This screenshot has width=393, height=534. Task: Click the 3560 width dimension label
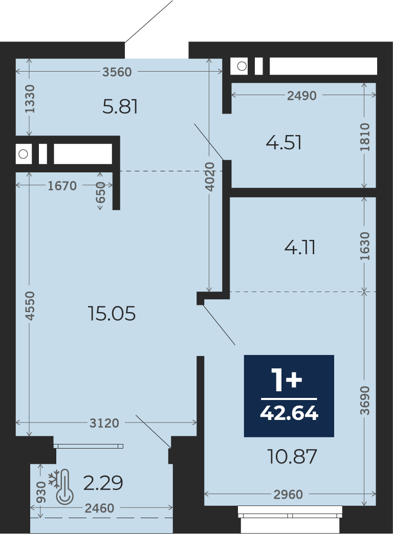pyautogui.click(x=117, y=72)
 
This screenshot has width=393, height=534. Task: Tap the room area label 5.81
pyautogui.click(x=120, y=106)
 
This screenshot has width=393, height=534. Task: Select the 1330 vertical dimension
pyautogui.click(x=30, y=99)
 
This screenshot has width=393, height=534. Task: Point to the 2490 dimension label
pyautogui.click(x=301, y=96)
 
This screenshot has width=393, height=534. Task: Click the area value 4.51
pyautogui.click(x=283, y=143)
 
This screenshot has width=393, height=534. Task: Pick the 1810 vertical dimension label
pyautogui.click(x=365, y=137)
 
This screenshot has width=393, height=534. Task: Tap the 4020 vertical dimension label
pyautogui.click(x=211, y=176)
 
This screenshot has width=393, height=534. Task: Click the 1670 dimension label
pyautogui.click(x=62, y=186)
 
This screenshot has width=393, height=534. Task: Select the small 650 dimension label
pyautogui.click(x=100, y=192)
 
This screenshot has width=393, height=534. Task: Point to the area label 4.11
pyautogui.click(x=300, y=248)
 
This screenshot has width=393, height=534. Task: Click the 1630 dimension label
pyautogui.click(x=365, y=246)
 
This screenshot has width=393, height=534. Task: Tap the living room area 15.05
pyautogui.click(x=112, y=314)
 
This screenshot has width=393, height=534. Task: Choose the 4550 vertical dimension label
pyautogui.click(x=30, y=305)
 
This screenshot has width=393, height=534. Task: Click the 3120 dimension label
pyautogui.click(x=104, y=423)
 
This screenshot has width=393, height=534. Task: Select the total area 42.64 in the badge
pyautogui.click(x=289, y=413)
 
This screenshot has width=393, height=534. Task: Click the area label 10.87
pyautogui.click(x=292, y=456)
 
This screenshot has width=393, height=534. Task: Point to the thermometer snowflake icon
pyautogui.click(x=61, y=486)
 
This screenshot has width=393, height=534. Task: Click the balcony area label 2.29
pyautogui.click(x=103, y=483)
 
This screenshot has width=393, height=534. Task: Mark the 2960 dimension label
pyautogui.click(x=288, y=495)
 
